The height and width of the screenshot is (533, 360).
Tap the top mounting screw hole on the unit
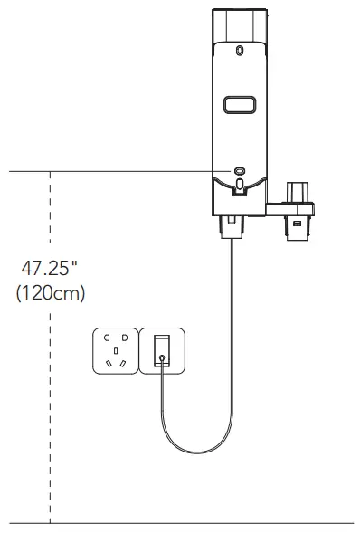click(x=239, y=50)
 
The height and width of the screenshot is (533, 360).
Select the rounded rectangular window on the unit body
click(x=239, y=106)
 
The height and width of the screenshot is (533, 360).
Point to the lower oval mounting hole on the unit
click(x=239, y=170)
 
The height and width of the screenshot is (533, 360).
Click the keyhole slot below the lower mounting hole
click(x=239, y=186)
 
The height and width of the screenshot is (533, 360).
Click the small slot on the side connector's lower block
click(x=297, y=221)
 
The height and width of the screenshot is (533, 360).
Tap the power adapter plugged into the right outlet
click(x=162, y=350)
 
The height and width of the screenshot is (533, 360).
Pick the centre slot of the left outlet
click(x=117, y=349)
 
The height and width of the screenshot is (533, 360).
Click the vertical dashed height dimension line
click(x=51, y=407)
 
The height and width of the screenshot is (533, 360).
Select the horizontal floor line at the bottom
click(x=181, y=523)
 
